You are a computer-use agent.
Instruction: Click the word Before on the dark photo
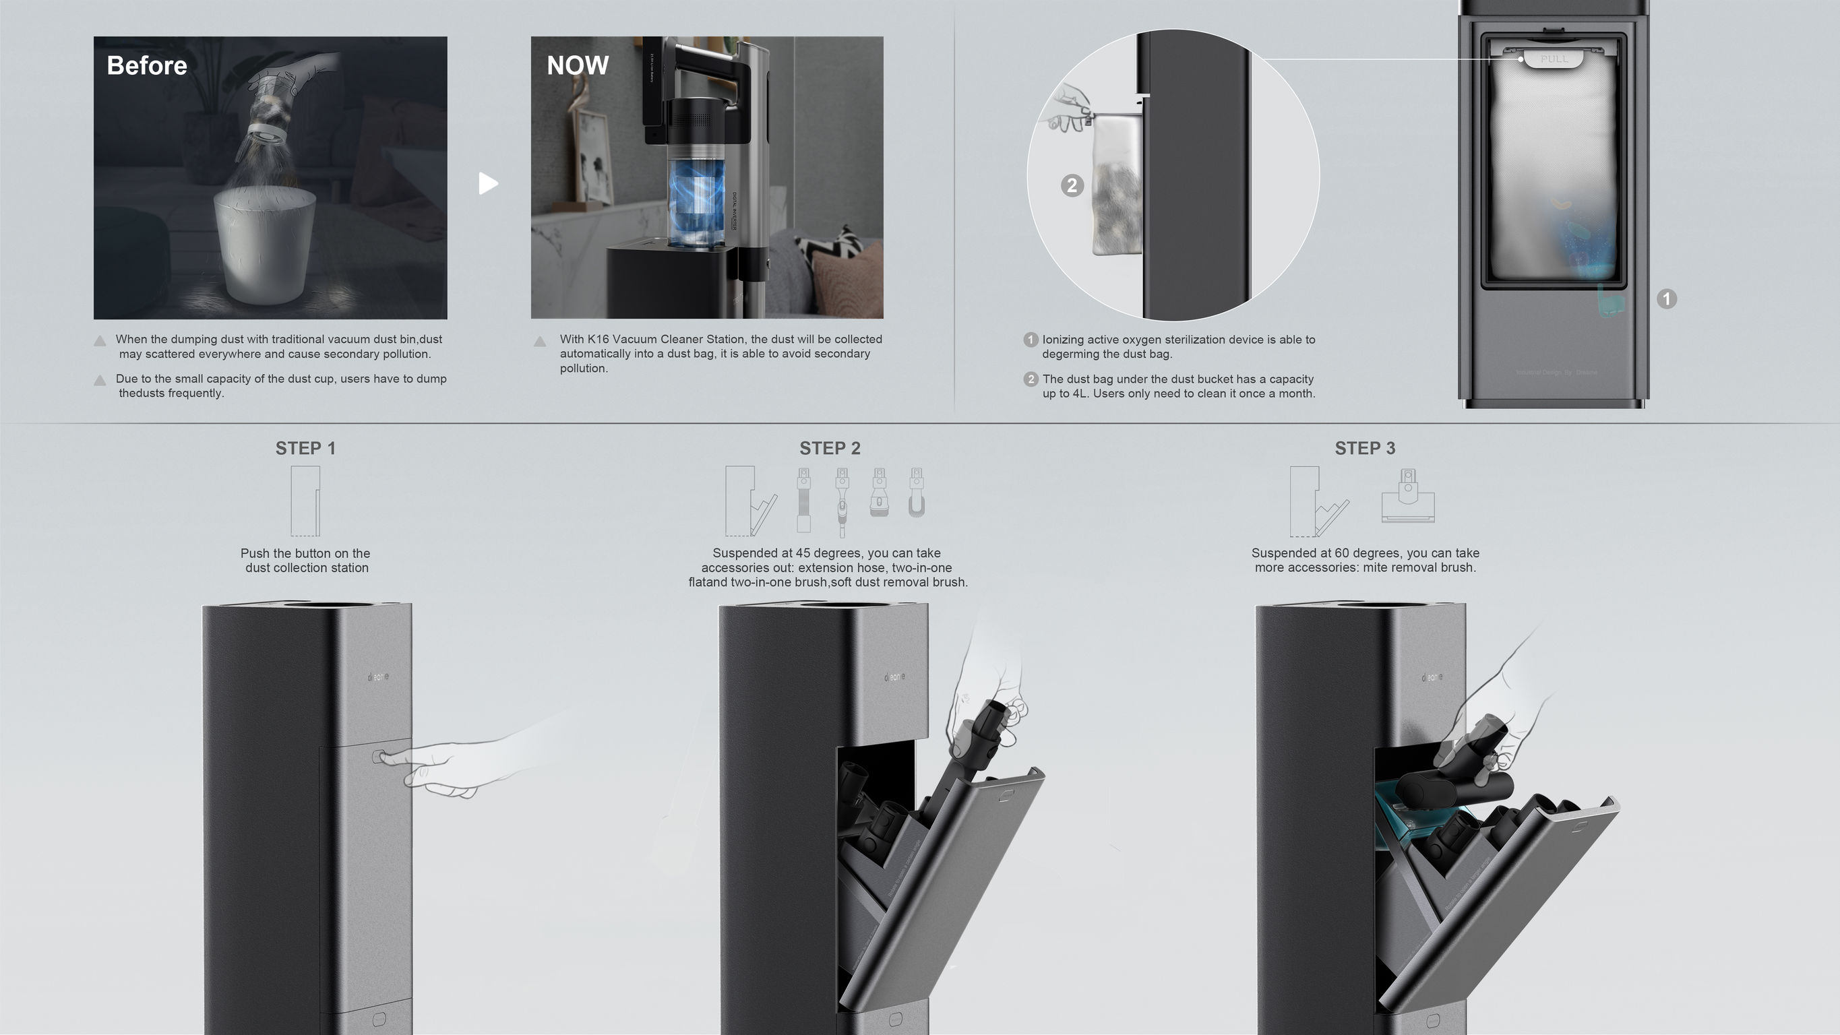pos(146,66)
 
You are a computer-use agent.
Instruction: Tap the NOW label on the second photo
pos(577,66)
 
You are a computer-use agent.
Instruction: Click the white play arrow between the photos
pos(488,183)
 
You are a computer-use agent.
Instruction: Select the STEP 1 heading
pos(305,449)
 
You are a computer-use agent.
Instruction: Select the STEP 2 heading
pos(829,449)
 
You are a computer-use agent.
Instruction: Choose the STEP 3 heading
pos(1364,449)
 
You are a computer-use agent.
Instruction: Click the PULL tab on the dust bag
pos(1554,59)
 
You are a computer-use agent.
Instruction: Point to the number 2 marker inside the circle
pos(1072,186)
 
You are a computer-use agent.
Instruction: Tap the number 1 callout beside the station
pos(1666,299)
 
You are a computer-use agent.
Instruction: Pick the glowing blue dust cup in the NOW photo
pos(696,203)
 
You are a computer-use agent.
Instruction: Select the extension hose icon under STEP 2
pos(803,500)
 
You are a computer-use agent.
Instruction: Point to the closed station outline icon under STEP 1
pos(305,501)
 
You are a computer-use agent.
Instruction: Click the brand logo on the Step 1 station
pos(378,677)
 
